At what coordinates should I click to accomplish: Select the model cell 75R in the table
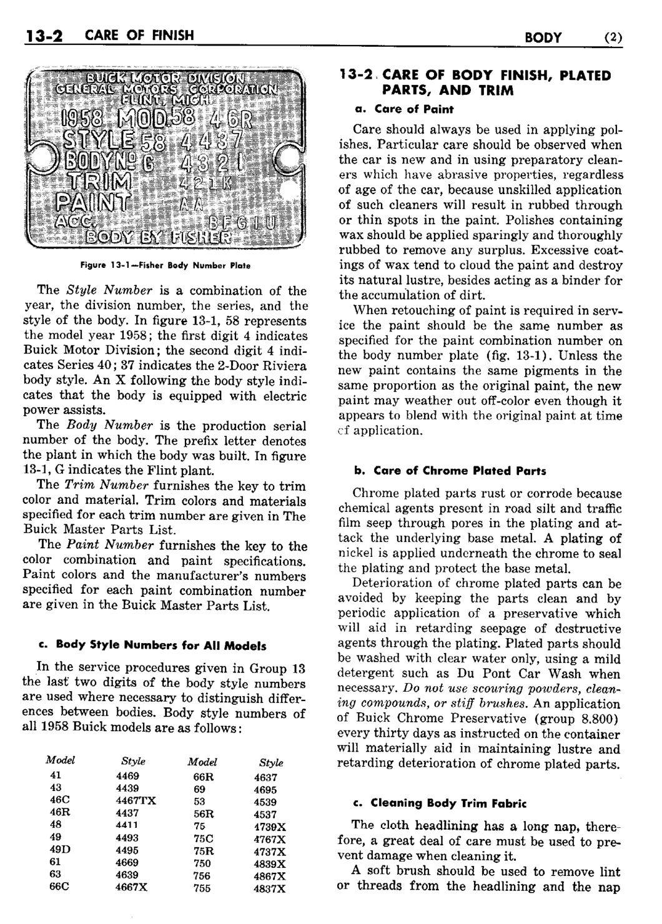pos(204,851)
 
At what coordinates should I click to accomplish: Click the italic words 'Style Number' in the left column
pos(94,291)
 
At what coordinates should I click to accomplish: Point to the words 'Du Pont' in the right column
pos(496,674)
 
